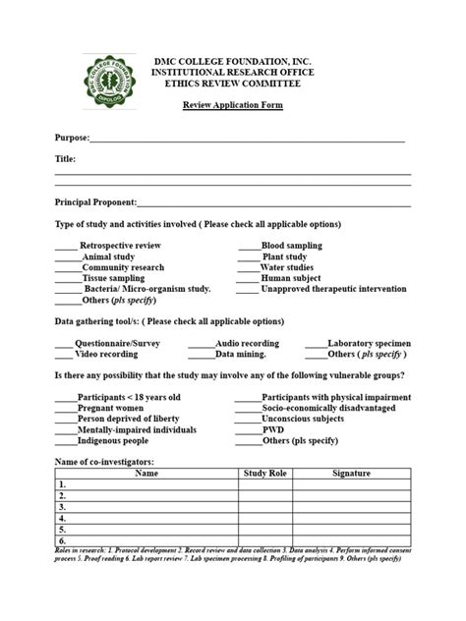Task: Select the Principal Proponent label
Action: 95,202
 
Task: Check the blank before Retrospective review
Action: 65,245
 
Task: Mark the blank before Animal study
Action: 68,255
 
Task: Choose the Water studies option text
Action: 287,266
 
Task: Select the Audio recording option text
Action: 247,343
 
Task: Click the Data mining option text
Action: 241,354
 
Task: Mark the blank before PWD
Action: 248,430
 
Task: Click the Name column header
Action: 146,474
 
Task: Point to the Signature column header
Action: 351,474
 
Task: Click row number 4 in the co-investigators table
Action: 62,518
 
